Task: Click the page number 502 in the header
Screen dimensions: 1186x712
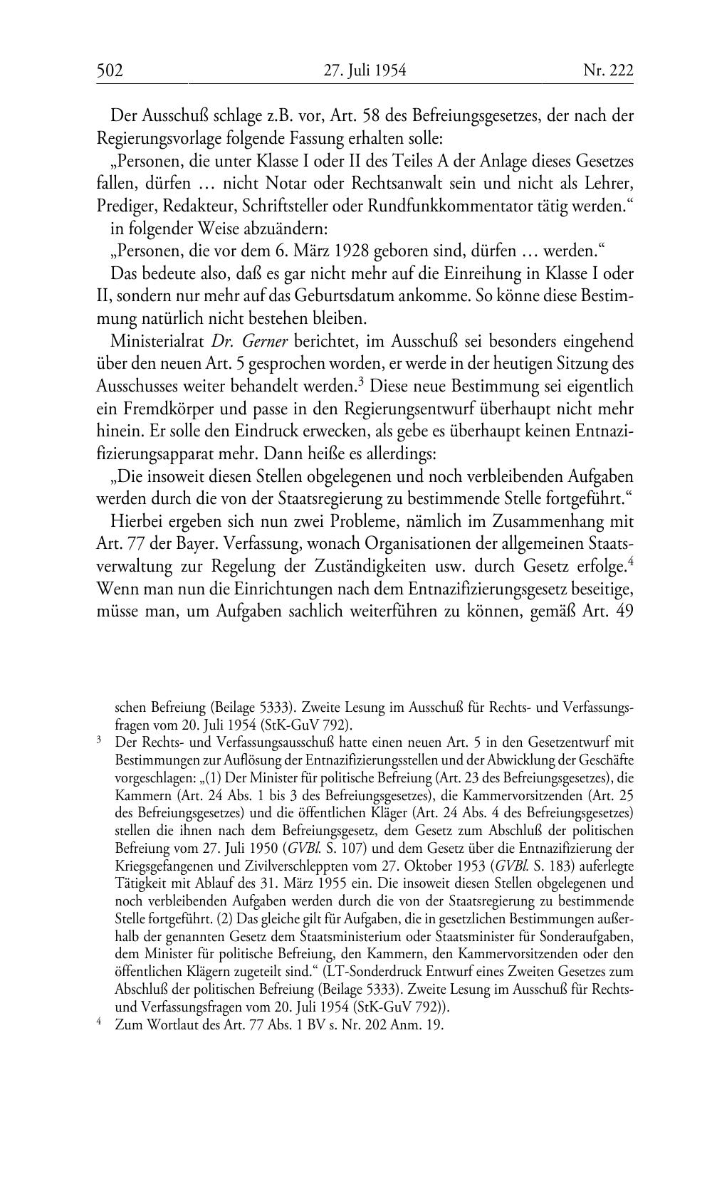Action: click(x=110, y=70)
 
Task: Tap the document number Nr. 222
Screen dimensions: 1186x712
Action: click(x=607, y=70)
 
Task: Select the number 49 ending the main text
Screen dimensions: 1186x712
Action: click(x=624, y=612)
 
